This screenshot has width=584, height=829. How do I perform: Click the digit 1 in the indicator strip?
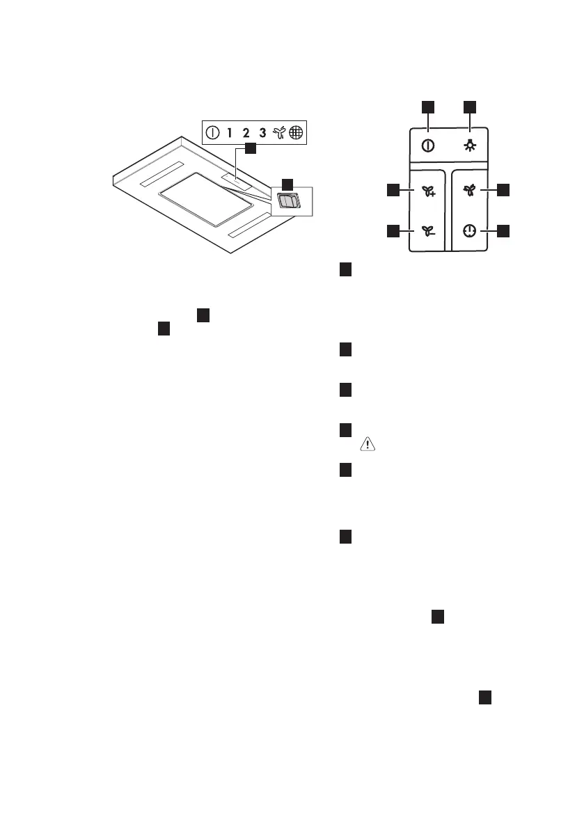tap(229, 132)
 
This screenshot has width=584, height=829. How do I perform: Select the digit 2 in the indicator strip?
tap(246, 132)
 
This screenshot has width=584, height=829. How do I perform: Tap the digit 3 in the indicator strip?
tap(262, 132)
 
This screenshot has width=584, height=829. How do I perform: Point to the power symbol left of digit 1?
tap(212, 132)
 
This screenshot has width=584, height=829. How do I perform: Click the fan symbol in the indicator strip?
tap(280, 132)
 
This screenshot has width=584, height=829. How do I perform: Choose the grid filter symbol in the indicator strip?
tap(297, 132)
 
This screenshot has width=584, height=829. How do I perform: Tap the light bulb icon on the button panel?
tap(469, 146)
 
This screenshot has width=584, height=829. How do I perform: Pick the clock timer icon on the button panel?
tap(469, 231)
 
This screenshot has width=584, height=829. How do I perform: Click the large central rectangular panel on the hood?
tap(205, 199)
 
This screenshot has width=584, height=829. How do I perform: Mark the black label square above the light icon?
tap(470, 106)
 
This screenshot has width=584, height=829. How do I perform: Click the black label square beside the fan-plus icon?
tap(393, 190)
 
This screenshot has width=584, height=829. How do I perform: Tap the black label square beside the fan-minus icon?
tap(393, 230)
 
